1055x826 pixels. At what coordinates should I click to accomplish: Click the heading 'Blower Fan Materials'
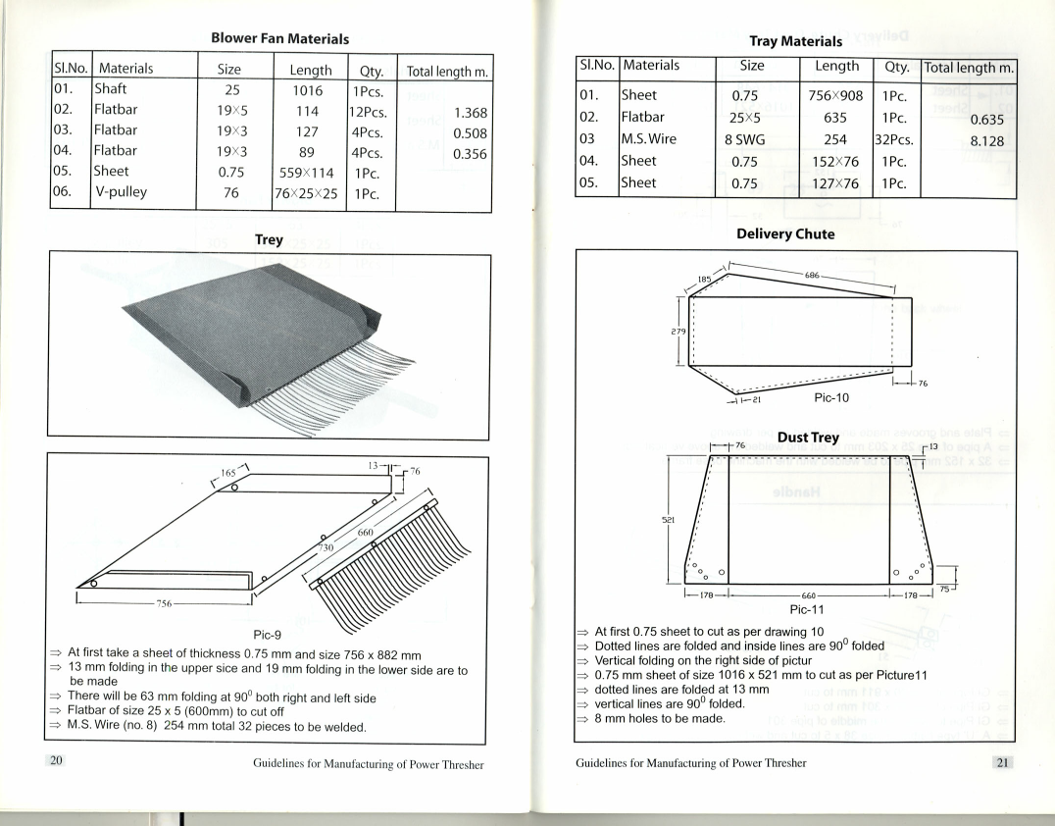tap(280, 39)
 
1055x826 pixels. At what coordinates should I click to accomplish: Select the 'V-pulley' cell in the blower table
tap(123, 192)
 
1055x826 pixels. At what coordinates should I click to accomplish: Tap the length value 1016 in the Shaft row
tap(307, 90)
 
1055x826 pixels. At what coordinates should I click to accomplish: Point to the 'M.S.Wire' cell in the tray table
tap(649, 139)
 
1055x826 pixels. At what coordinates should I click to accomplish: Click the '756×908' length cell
tap(835, 96)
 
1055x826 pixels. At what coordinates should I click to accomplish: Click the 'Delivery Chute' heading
tap(785, 234)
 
